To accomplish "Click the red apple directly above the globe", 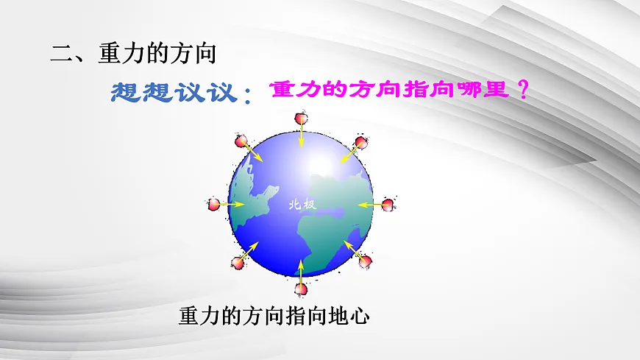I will pos(301,118).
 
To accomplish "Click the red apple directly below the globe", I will pos(300,289).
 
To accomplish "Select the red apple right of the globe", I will pos(388,204).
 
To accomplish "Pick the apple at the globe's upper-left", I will pos(240,141).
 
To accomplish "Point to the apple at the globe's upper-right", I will pos(361,142).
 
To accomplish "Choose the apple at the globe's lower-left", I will pos(238,261).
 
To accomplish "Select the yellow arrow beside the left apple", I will pos(235,204).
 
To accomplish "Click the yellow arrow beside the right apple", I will pos(368,204).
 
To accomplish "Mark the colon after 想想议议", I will pos(247,96).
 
